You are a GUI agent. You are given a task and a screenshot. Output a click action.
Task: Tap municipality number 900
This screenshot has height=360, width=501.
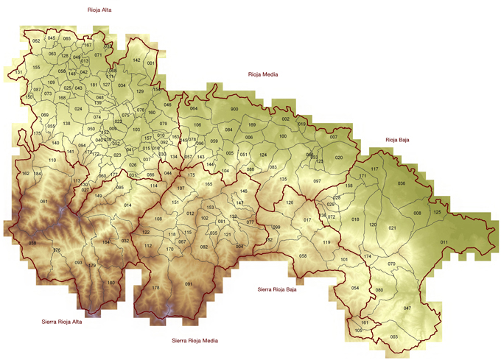234,110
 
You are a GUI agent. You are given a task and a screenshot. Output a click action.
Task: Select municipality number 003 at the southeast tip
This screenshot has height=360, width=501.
393,336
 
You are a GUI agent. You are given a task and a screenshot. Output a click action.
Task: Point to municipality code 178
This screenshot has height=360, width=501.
155,288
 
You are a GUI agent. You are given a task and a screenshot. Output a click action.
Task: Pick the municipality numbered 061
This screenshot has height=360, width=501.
43,202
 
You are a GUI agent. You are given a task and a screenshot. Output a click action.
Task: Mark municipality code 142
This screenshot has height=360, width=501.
136,60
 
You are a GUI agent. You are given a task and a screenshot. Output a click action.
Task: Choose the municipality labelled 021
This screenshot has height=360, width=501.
392,228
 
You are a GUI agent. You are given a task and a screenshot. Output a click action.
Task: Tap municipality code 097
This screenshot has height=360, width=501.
317,181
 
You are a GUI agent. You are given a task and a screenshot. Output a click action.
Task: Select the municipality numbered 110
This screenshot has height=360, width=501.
52,160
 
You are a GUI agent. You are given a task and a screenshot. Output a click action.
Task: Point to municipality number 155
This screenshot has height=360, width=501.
36,67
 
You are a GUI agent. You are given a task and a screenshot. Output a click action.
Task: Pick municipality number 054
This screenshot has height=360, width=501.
354,288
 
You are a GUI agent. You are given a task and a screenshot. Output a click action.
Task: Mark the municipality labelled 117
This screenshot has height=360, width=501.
374,170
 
